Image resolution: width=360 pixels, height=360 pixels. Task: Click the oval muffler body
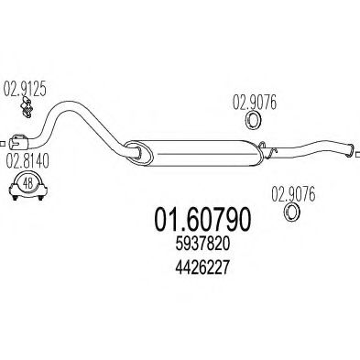click(192, 150)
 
